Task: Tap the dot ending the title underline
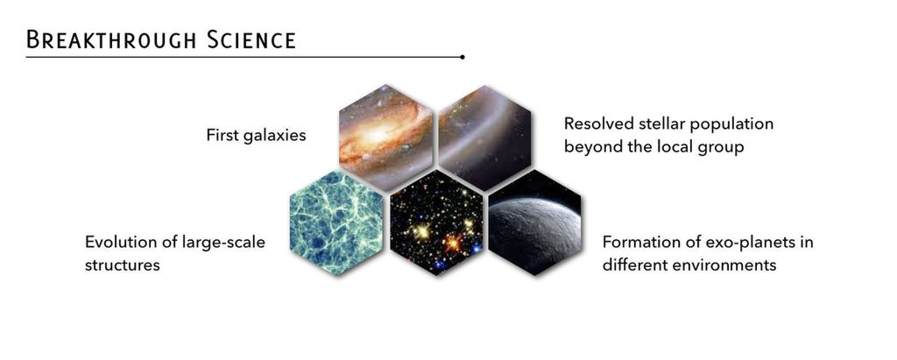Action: [x=463, y=57]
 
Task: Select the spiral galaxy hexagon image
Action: [x=385, y=138]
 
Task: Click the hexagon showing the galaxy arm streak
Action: [x=484, y=138]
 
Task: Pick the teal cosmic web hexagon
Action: [x=336, y=222]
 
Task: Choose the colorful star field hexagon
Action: [x=436, y=222]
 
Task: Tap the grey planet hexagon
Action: [x=535, y=222]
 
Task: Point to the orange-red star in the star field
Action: [x=453, y=244]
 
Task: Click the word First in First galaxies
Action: [x=221, y=136]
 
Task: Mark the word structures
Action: [x=123, y=265]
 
